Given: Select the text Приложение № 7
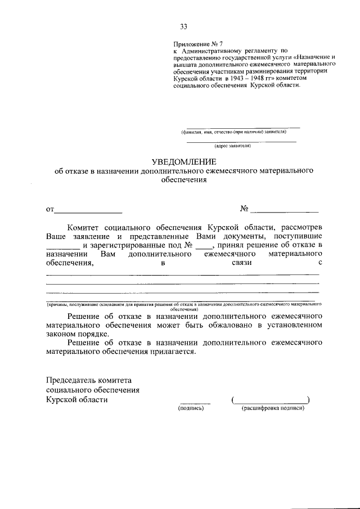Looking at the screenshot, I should coord(193,44).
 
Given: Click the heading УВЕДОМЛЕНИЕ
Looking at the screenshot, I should coord(183,162).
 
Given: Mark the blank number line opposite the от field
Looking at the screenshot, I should coord(284,211).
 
